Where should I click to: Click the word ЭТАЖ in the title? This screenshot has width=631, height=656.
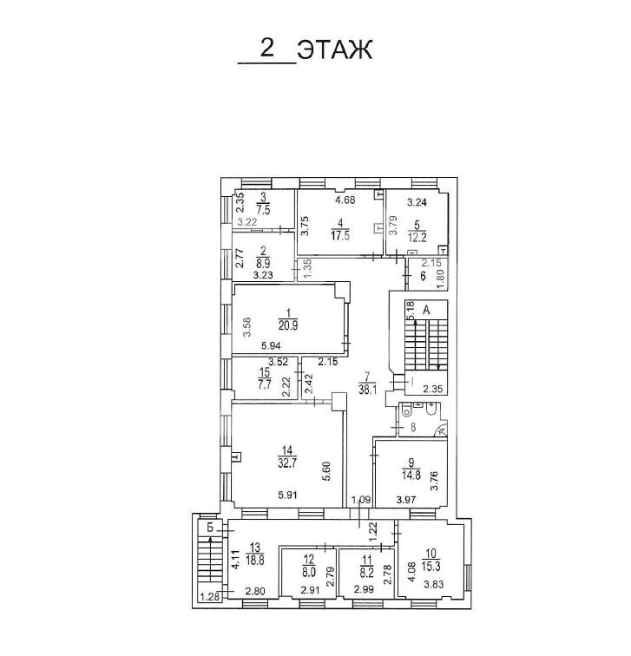tap(335, 50)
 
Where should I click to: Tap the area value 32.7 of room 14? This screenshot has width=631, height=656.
tap(287, 463)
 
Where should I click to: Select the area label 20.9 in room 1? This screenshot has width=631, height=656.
tap(288, 325)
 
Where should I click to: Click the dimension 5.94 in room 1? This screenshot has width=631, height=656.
tap(271, 346)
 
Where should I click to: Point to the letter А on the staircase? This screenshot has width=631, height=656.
tap(426, 310)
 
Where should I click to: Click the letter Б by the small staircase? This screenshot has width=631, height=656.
tap(210, 528)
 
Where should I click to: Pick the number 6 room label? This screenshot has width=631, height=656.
tap(423, 276)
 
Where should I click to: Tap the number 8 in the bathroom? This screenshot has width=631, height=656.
tap(413, 428)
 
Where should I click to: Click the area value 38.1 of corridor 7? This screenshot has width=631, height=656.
tap(368, 390)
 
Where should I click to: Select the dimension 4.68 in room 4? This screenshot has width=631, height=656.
tap(345, 200)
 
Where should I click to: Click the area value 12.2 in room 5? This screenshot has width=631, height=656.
tap(417, 238)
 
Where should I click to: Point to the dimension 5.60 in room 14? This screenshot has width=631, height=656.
tap(327, 471)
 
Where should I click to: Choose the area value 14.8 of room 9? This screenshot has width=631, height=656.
tap(411, 476)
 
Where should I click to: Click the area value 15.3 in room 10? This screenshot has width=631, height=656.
tap(431, 567)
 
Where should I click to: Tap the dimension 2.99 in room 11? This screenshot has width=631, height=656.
tap(364, 589)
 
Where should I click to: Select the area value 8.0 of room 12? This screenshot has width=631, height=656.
tap(309, 572)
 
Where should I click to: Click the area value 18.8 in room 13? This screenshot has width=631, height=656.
tap(255, 560)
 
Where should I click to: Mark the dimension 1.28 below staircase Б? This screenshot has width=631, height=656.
tap(210, 597)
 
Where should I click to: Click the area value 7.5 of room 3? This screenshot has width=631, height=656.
tap(263, 209)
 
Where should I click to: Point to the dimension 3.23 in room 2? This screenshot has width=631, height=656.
tap(263, 275)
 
